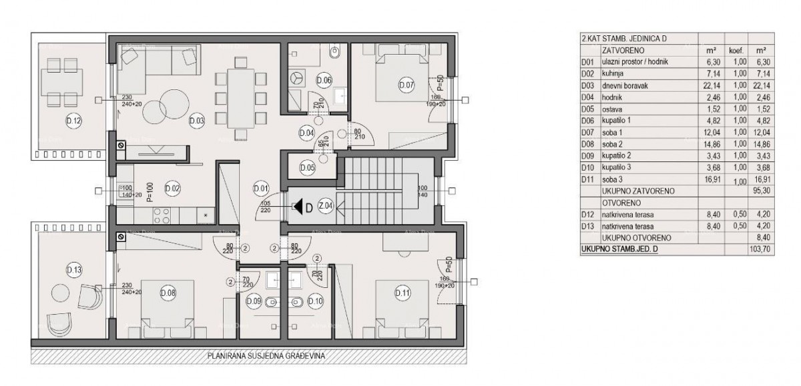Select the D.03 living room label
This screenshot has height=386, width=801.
click(196, 121)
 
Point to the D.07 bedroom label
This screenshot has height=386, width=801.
click(406, 85)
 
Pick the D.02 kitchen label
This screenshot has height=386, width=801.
click(172, 188)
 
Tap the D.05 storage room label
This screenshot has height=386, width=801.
click(308, 167)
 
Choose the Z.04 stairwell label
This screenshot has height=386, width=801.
click(326, 207)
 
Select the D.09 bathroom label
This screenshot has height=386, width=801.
click(254, 301)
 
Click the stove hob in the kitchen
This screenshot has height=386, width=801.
click(162, 215)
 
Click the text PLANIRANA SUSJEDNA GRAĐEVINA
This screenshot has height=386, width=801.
click(266, 357)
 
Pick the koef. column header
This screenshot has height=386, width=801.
click(733, 50)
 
